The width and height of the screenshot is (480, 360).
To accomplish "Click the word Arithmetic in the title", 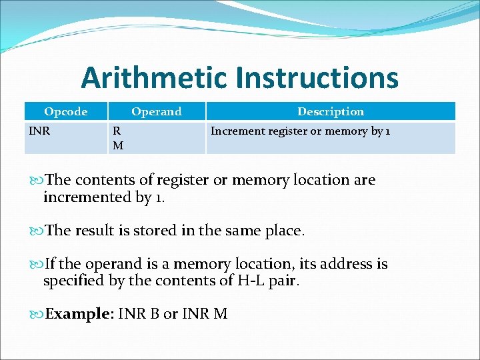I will click(154, 79).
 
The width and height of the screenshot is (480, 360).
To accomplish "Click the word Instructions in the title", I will click(317, 79).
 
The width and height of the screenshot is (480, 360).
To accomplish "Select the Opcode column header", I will click(65, 111).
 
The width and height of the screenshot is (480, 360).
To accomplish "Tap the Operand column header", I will click(156, 111).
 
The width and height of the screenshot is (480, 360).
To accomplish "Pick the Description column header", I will click(331, 111).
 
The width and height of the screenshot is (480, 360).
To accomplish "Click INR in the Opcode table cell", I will click(39, 131).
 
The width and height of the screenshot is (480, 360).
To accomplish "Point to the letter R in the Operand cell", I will click(117, 131).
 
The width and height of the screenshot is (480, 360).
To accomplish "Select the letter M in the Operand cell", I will click(118, 145).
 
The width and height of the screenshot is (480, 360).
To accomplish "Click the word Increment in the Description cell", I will click(234, 131).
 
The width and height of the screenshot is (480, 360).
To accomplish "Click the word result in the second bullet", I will click(99, 231).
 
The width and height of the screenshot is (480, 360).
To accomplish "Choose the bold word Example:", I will click(79, 314).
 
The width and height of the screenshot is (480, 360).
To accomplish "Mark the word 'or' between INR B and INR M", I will click(171, 314).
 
